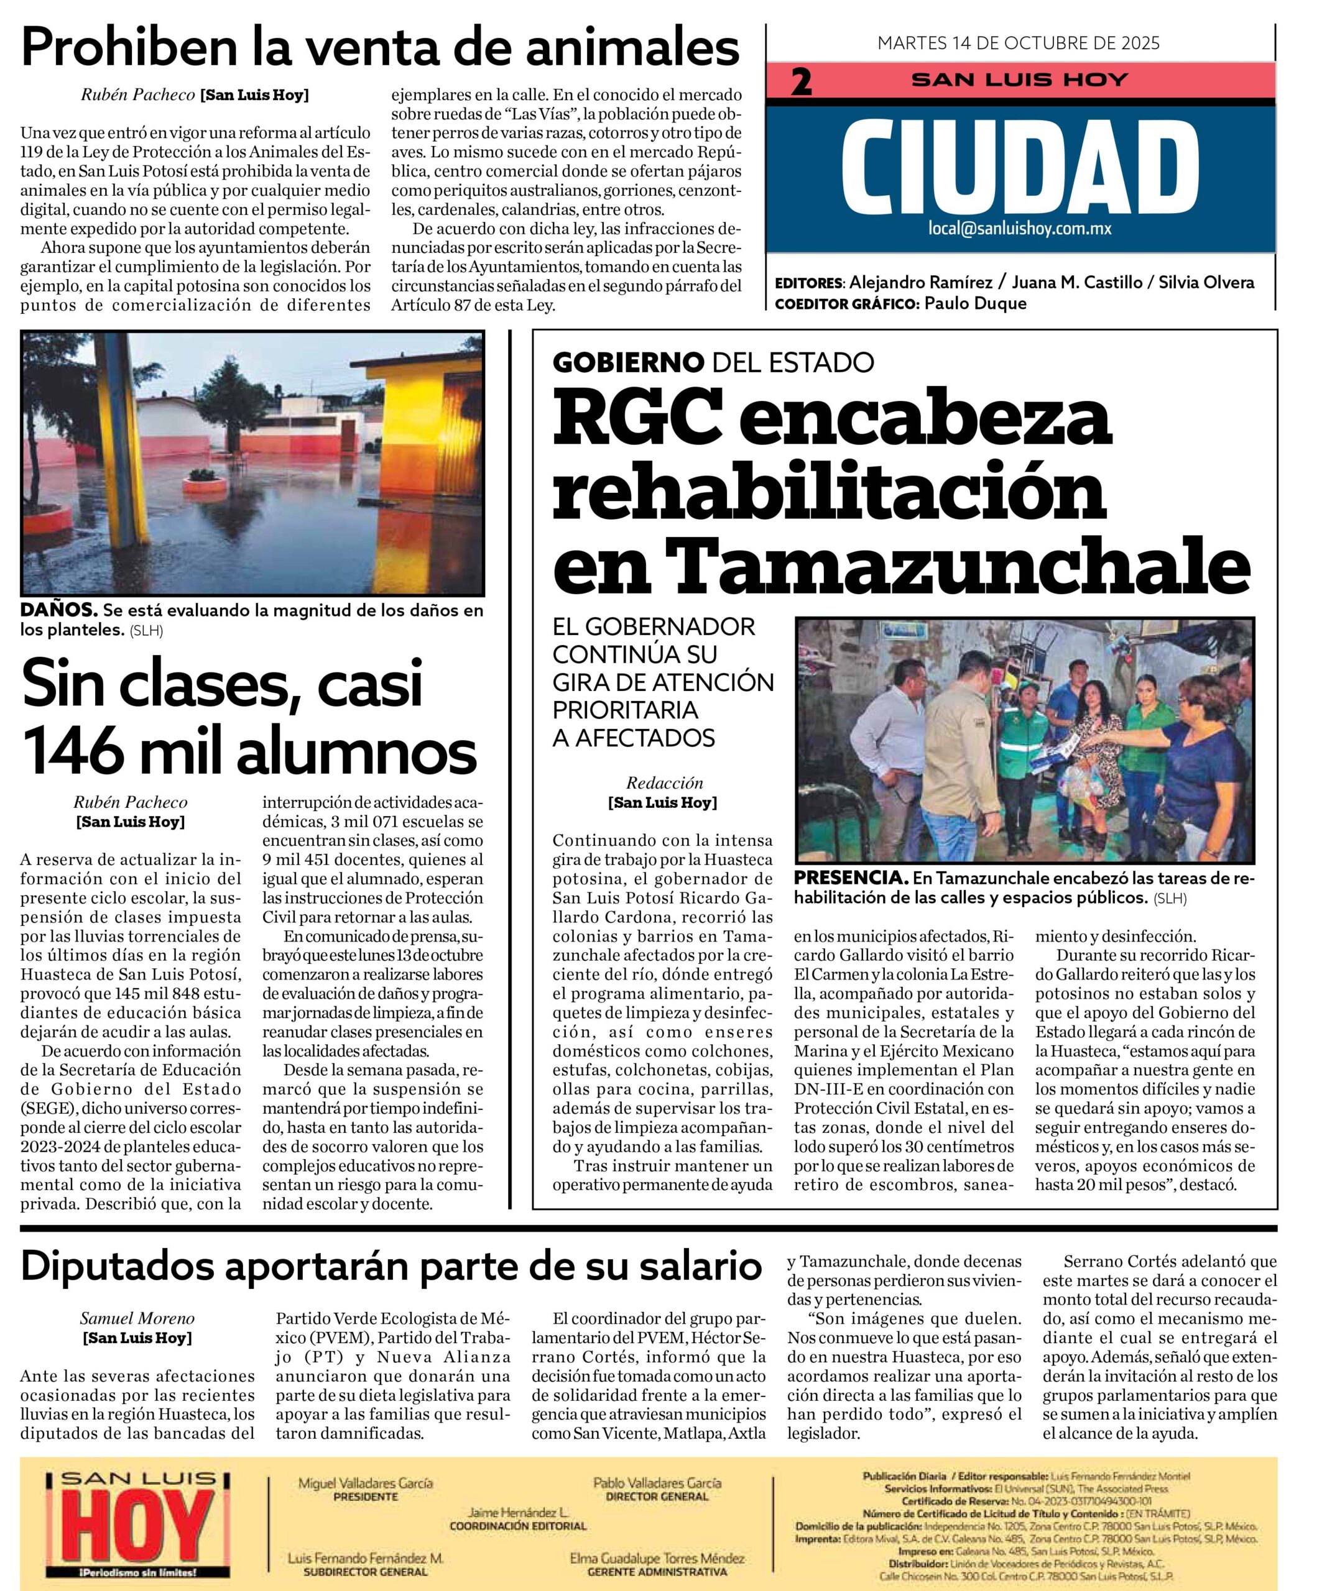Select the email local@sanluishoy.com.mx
pos(1019,228)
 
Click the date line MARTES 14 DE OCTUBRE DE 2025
pos(1019,43)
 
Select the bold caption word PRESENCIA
pos(850,878)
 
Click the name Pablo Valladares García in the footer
pos(656,1483)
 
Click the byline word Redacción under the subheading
pos(664,783)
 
